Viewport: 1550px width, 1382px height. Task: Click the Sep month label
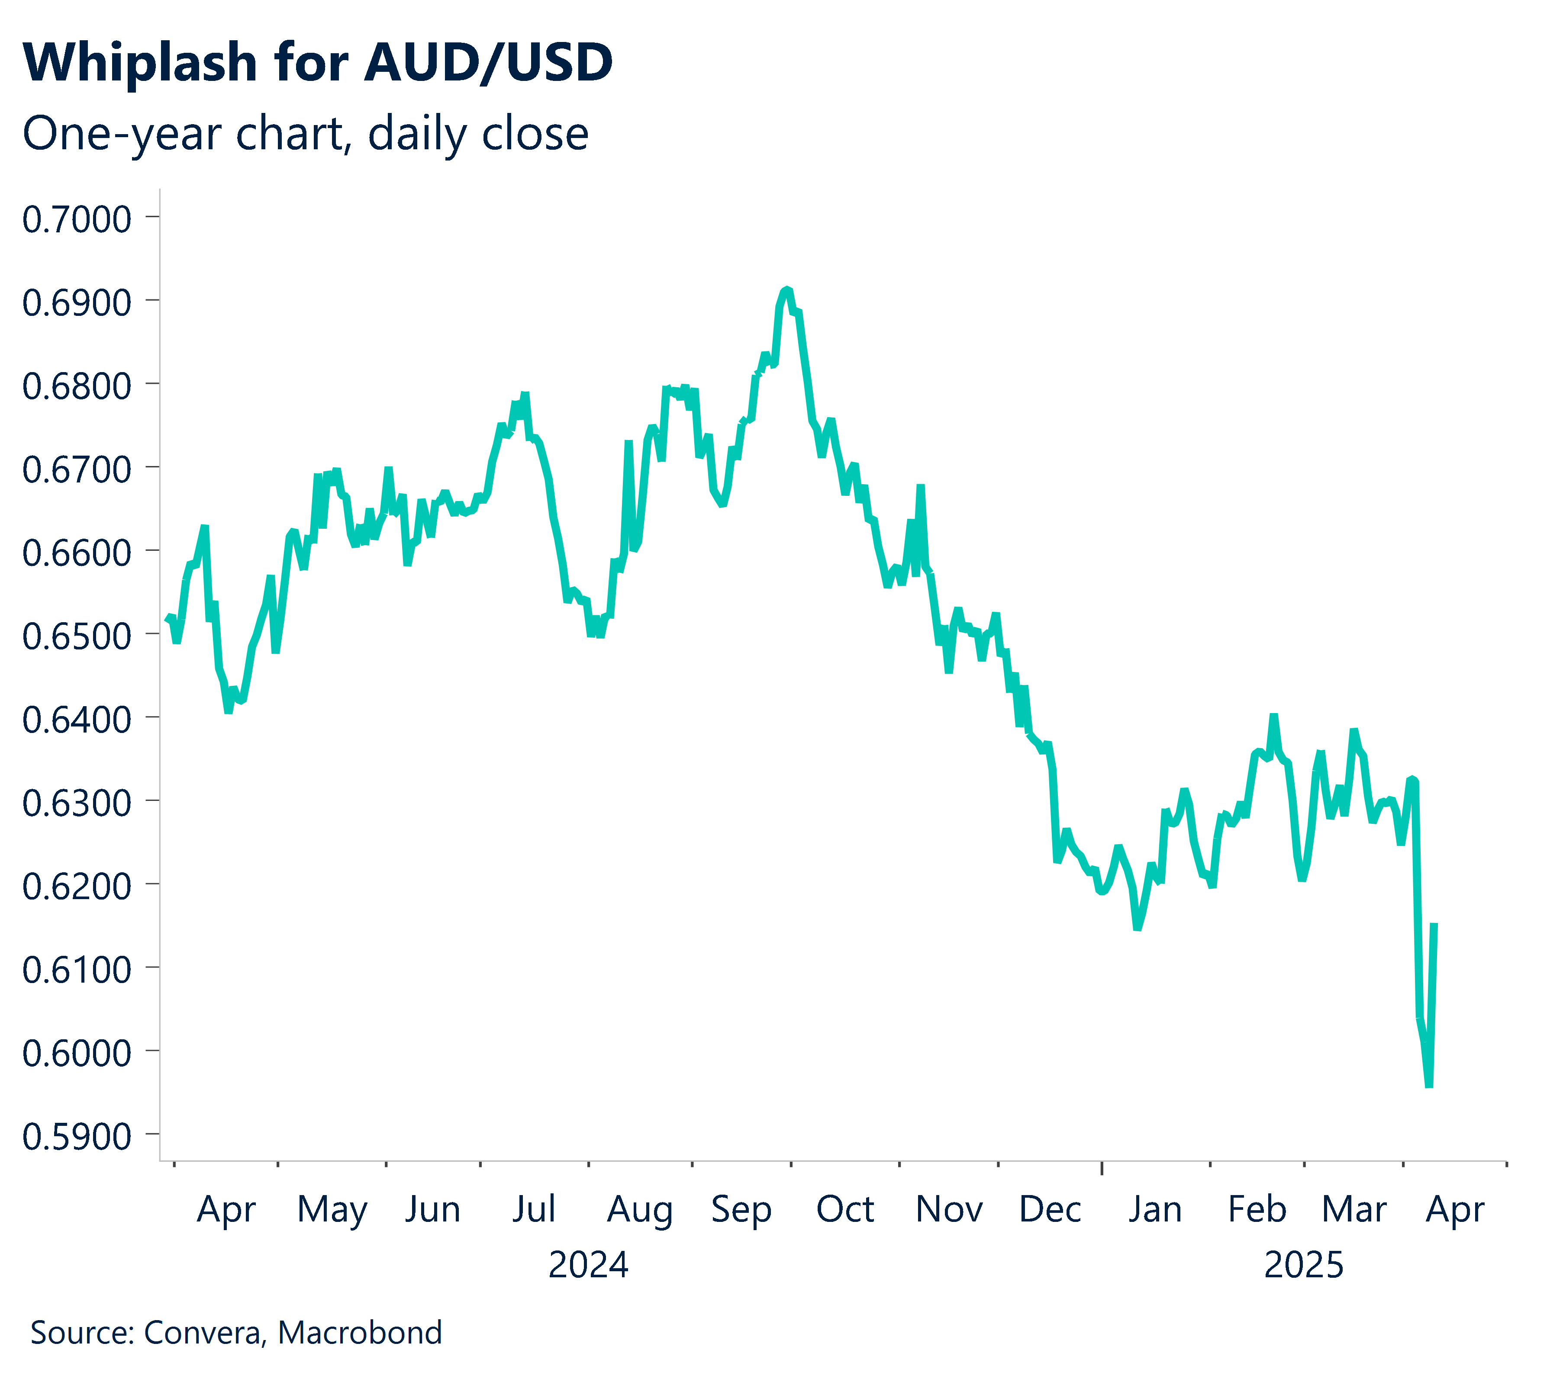coord(741,1210)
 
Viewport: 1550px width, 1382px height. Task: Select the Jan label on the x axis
coord(1154,1210)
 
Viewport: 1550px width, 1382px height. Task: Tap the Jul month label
coord(533,1210)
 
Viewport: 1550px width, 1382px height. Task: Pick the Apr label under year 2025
coord(1454,1210)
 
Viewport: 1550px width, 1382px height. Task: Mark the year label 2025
coord(1303,1266)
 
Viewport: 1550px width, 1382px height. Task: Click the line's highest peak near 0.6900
coord(787,289)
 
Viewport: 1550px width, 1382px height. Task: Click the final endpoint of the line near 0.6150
coord(1434,925)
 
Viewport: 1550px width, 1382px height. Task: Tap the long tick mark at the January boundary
coord(1102,1167)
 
